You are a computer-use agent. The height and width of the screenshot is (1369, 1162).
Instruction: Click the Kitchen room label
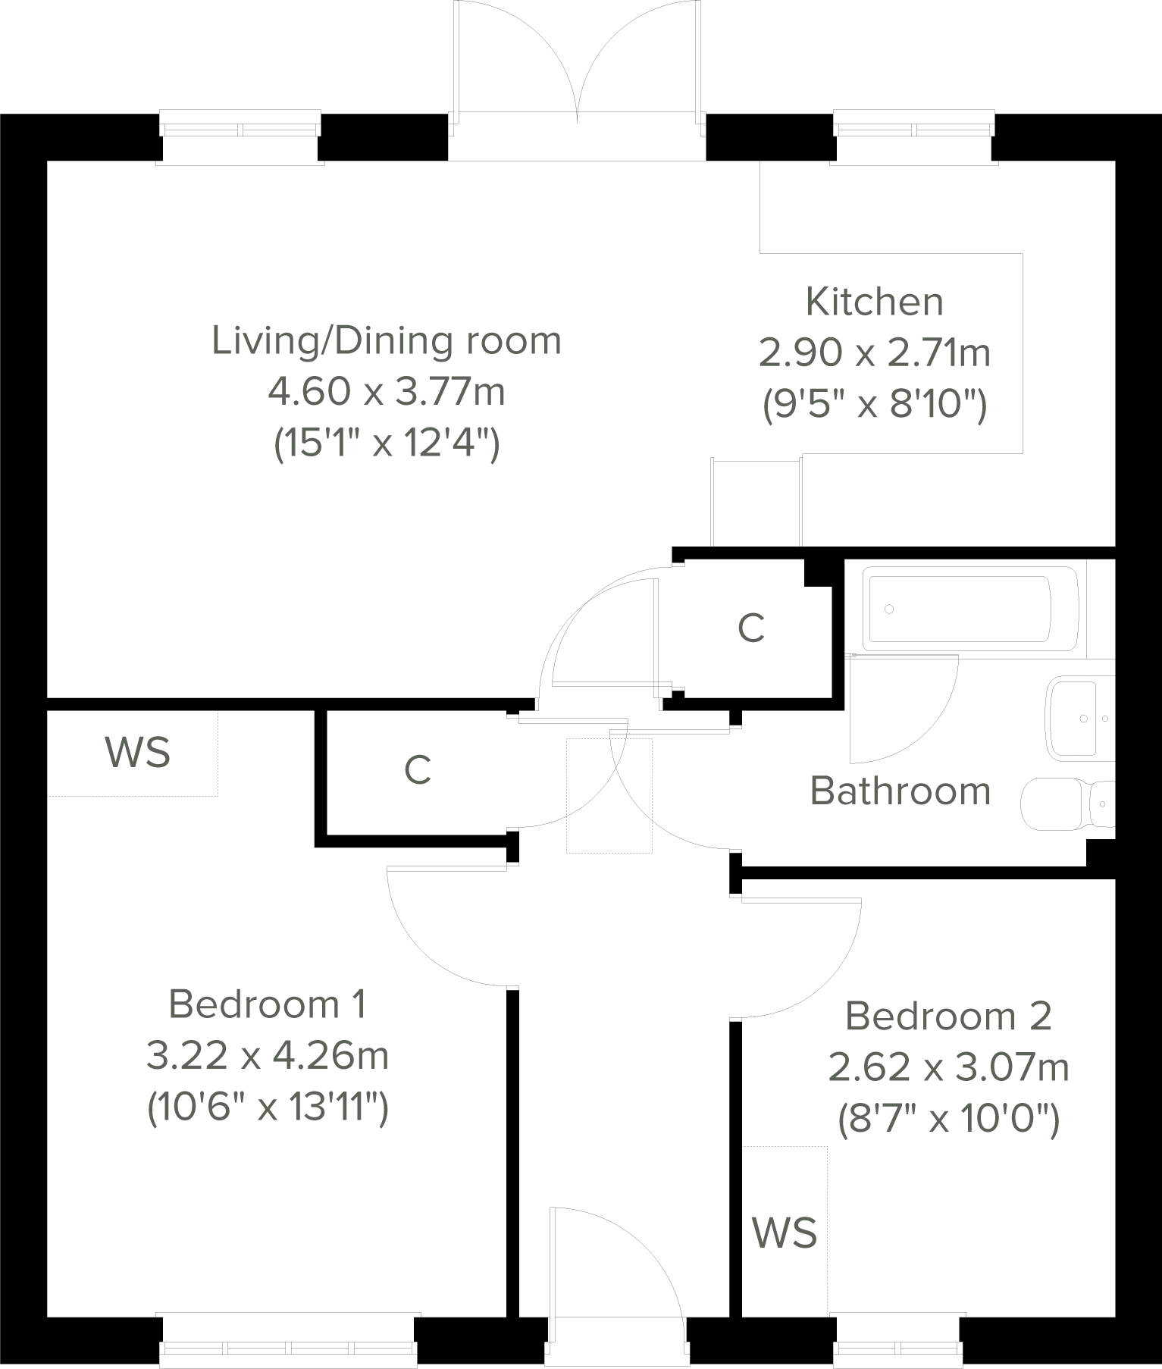point(874,302)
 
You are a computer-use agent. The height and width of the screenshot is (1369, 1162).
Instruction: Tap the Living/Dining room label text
point(387,340)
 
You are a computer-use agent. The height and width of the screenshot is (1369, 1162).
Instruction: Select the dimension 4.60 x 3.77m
point(387,392)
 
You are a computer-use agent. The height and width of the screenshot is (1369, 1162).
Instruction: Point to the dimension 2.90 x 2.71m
point(874,353)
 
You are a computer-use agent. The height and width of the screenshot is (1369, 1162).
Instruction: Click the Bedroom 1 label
point(268,1004)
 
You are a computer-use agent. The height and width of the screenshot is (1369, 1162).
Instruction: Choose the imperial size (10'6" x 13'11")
point(268,1108)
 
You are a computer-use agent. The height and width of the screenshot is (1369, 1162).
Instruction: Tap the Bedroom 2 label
point(948,1017)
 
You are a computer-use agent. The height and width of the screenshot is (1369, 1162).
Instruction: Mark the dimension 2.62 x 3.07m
point(948,1068)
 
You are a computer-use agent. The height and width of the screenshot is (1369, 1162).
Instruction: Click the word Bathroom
point(900,791)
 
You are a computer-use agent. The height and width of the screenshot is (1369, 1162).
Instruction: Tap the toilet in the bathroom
point(1065,806)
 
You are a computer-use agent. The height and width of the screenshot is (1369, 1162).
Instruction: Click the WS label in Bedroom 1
point(137,753)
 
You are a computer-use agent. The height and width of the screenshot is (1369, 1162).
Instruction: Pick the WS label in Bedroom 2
point(785,1233)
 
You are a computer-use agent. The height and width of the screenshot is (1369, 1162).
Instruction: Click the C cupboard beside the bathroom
point(750,628)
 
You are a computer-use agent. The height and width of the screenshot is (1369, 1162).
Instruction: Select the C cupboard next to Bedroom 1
point(418,771)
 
